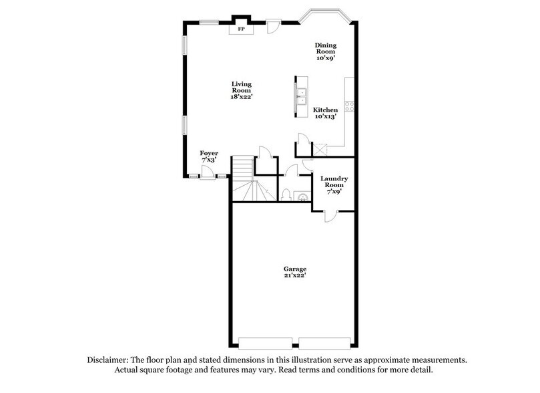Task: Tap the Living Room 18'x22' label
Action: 241,90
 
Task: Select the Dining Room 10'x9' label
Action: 326,52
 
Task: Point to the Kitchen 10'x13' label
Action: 326,113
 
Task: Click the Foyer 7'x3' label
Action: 209,156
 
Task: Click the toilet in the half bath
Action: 286,194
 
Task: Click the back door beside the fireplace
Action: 273,27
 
